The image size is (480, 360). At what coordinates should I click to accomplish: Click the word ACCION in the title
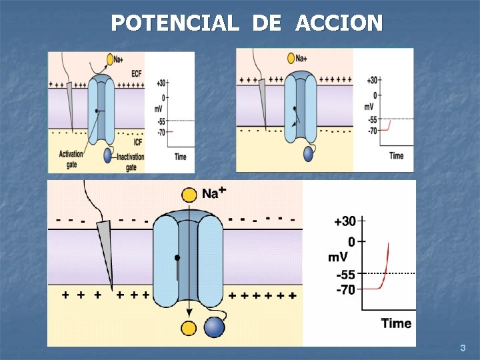coord(338,23)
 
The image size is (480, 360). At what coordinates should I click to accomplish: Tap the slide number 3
coord(463,348)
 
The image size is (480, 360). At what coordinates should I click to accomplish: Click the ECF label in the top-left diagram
coord(136,73)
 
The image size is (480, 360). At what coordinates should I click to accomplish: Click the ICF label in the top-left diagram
coord(137,141)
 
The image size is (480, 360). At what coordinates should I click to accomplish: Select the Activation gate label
coord(71,159)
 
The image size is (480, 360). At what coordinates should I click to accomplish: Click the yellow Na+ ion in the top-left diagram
coord(110,60)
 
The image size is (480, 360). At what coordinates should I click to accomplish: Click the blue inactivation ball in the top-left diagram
coord(108,155)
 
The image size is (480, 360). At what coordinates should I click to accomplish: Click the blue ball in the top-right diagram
coord(308,154)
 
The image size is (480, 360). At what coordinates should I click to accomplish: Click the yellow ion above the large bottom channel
coord(189,194)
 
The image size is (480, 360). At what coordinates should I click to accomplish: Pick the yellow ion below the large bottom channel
coord(189,327)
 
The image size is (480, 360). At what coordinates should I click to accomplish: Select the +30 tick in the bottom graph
coord(345,221)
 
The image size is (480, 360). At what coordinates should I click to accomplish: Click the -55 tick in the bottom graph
coord(346,274)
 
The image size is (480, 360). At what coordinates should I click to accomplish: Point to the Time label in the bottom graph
coord(396,323)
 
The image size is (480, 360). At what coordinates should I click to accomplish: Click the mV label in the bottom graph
coord(337,257)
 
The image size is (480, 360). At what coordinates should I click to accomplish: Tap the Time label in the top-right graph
coord(396,156)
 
